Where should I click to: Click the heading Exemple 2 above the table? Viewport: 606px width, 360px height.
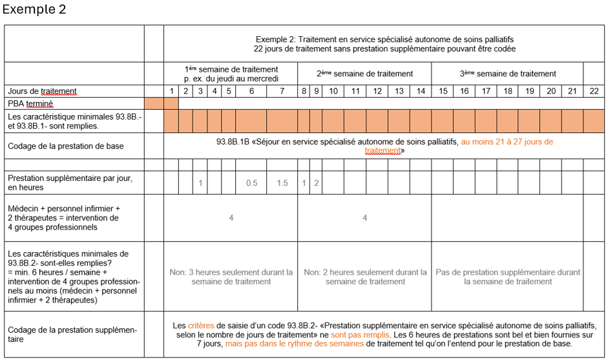(x=34, y=10)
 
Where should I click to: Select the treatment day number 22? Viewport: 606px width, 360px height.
(x=594, y=91)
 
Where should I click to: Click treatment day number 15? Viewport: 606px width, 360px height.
(x=443, y=91)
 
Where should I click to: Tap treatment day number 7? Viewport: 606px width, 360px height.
(x=282, y=91)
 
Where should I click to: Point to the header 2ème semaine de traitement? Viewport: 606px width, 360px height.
(x=364, y=74)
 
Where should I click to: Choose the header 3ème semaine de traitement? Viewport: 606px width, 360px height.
(x=508, y=74)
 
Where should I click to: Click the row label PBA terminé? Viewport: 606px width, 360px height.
(x=30, y=103)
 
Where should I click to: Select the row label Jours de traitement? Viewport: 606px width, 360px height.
(x=42, y=91)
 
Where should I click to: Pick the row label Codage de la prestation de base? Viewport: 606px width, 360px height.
(x=66, y=146)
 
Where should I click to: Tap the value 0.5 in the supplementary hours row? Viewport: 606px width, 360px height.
(x=251, y=183)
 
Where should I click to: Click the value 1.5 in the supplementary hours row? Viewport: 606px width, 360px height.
(x=282, y=183)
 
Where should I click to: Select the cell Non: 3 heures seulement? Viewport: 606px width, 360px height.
(x=231, y=277)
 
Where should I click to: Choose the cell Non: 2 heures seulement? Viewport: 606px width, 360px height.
(x=365, y=277)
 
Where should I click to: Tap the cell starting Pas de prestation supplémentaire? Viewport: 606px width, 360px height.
(x=508, y=277)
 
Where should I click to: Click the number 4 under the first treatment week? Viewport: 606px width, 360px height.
(x=231, y=218)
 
